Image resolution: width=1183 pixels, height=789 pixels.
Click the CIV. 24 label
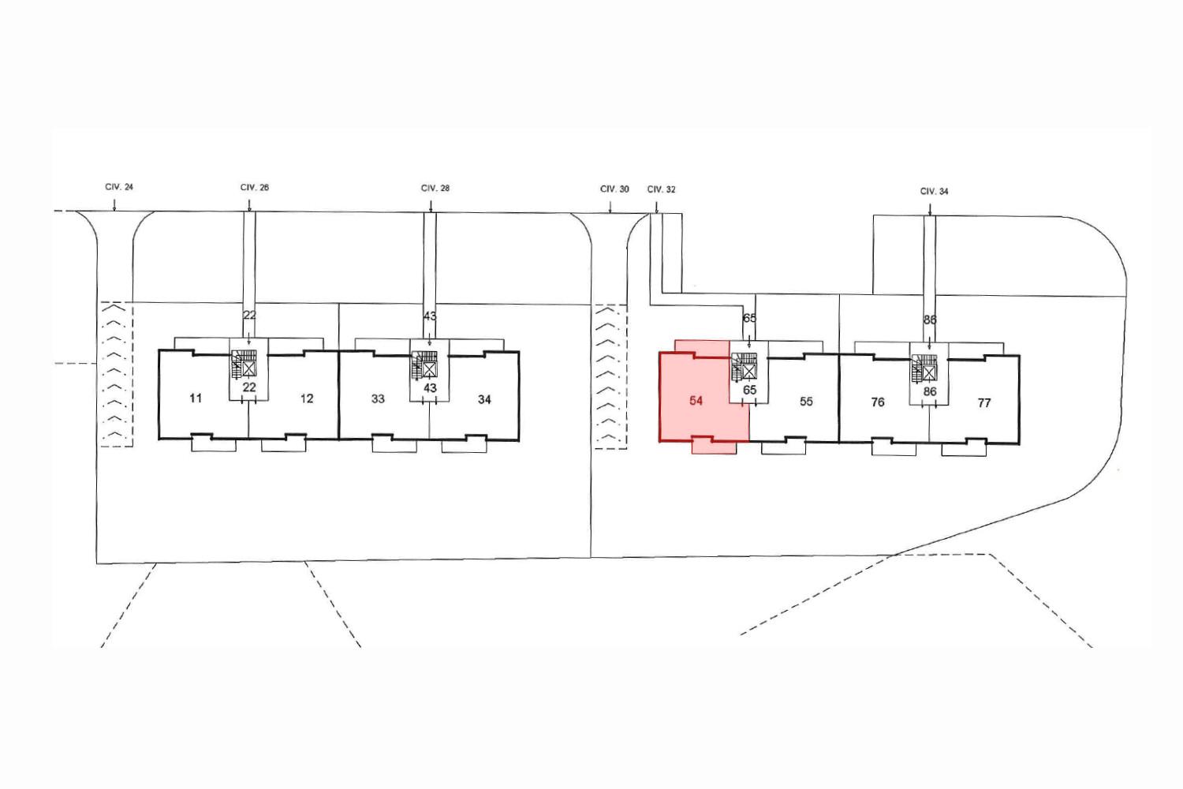pos(119,187)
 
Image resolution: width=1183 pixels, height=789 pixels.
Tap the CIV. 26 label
pos(255,188)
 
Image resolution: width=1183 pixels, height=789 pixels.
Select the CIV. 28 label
pos(435,188)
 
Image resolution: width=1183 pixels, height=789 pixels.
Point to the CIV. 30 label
pos(614,189)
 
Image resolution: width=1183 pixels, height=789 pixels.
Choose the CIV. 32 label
pos(661,189)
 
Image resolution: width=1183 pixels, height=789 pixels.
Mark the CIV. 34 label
pos(935,191)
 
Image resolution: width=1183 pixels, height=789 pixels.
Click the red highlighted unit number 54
pos(696,401)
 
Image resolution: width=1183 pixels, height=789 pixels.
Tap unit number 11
pos(196,398)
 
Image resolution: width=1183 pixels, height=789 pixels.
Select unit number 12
pos(307,398)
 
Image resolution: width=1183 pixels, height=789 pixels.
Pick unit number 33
pos(378,399)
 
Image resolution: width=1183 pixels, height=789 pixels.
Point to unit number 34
pos(484,399)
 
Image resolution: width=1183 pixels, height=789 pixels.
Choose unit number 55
pos(806,402)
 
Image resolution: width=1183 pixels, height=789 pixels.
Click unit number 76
pos(878,402)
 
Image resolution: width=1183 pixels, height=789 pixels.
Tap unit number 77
pos(984,403)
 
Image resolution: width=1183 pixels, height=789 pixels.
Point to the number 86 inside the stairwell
pos(930,391)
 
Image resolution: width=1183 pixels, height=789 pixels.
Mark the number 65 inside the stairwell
pos(749,390)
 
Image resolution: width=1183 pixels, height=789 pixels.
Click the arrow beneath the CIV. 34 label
pos(930,209)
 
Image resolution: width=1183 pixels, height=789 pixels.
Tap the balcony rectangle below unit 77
pos(963,448)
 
